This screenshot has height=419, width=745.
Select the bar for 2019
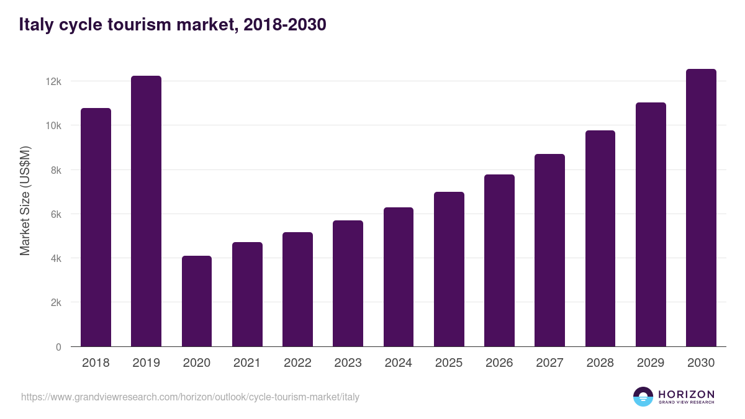pos(146,211)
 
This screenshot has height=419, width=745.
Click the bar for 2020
pos(197,301)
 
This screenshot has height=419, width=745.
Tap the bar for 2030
pos(701,208)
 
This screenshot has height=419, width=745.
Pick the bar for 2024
pos(399,277)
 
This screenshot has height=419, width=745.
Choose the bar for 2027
pos(549,250)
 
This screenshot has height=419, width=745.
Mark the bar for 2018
pos(96,227)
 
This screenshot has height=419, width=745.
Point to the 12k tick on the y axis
pos(54,81)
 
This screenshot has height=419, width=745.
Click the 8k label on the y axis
pos(55,170)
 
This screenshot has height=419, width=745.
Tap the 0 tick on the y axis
pos(58,347)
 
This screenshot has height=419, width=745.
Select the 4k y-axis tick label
pos(55,258)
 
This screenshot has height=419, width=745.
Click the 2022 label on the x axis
pos(297,363)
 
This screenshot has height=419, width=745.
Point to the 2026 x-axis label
pos(499,363)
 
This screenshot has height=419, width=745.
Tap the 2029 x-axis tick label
pos(651,363)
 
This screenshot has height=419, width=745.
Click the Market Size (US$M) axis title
pos(25,200)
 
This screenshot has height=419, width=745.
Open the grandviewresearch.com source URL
pos(190,397)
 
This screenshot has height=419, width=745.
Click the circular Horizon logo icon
pos(643,397)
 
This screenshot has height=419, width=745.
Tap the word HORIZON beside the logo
pos(686,394)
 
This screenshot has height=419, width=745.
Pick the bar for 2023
pos(348,284)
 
